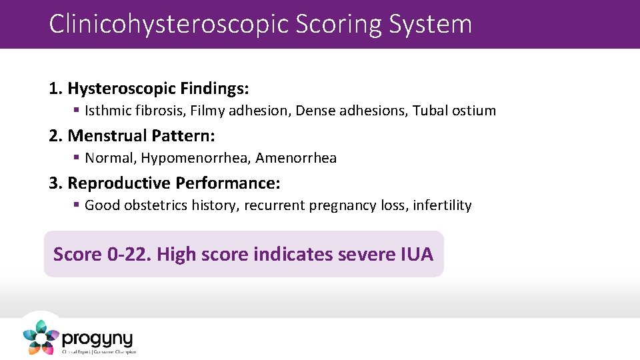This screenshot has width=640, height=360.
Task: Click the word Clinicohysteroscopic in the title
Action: point(168,24)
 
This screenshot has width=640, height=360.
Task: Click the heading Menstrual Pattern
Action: point(141,136)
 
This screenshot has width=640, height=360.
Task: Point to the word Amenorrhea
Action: point(296,158)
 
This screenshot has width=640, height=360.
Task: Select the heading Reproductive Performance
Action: point(174,183)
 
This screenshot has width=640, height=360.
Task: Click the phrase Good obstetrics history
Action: point(161,205)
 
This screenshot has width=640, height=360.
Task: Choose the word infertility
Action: point(442,205)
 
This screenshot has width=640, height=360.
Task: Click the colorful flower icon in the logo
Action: point(41,337)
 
